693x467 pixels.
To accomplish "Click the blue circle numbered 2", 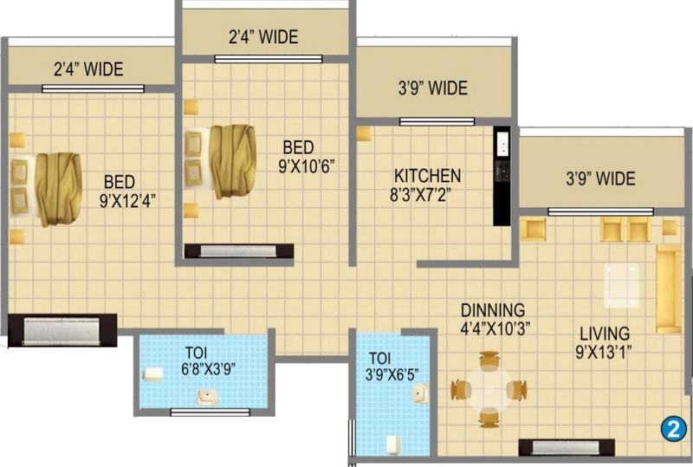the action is pyautogui.click(x=674, y=429).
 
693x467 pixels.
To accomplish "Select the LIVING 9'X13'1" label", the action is pyautogui.click(x=604, y=343).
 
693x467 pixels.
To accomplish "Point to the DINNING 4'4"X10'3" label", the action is pyautogui.click(x=495, y=320).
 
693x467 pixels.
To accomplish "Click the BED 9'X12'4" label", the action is pyautogui.click(x=127, y=191).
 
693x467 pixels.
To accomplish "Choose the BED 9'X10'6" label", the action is pyautogui.click(x=307, y=156).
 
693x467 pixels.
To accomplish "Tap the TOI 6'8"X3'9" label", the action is pyautogui.click(x=208, y=361).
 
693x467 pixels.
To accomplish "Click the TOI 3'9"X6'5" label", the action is pyautogui.click(x=392, y=366).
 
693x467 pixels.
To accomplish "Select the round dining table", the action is pyautogui.click(x=489, y=390).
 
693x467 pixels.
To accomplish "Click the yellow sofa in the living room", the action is pyautogui.click(x=669, y=289).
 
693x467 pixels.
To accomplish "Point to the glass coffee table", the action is pyautogui.click(x=622, y=285).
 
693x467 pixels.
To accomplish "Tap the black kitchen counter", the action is pyautogui.click(x=502, y=176).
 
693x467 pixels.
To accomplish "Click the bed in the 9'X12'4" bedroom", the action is pyautogui.click(x=46, y=189).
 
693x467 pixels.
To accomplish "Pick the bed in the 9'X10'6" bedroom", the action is pyautogui.click(x=220, y=161).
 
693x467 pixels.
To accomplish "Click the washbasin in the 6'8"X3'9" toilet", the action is pyautogui.click(x=207, y=397).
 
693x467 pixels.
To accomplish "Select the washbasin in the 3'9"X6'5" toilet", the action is pyautogui.click(x=421, y=393).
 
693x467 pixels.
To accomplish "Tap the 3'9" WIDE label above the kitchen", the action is pyautogui.click(x=433, y=88).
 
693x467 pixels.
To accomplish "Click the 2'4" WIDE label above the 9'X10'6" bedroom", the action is pyautogui.click(x=263, y=36).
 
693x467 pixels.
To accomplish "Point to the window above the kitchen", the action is pyautogui.click(x=437, y=121).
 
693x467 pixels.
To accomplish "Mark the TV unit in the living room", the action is pyautogui.click(x=567, y=447).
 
